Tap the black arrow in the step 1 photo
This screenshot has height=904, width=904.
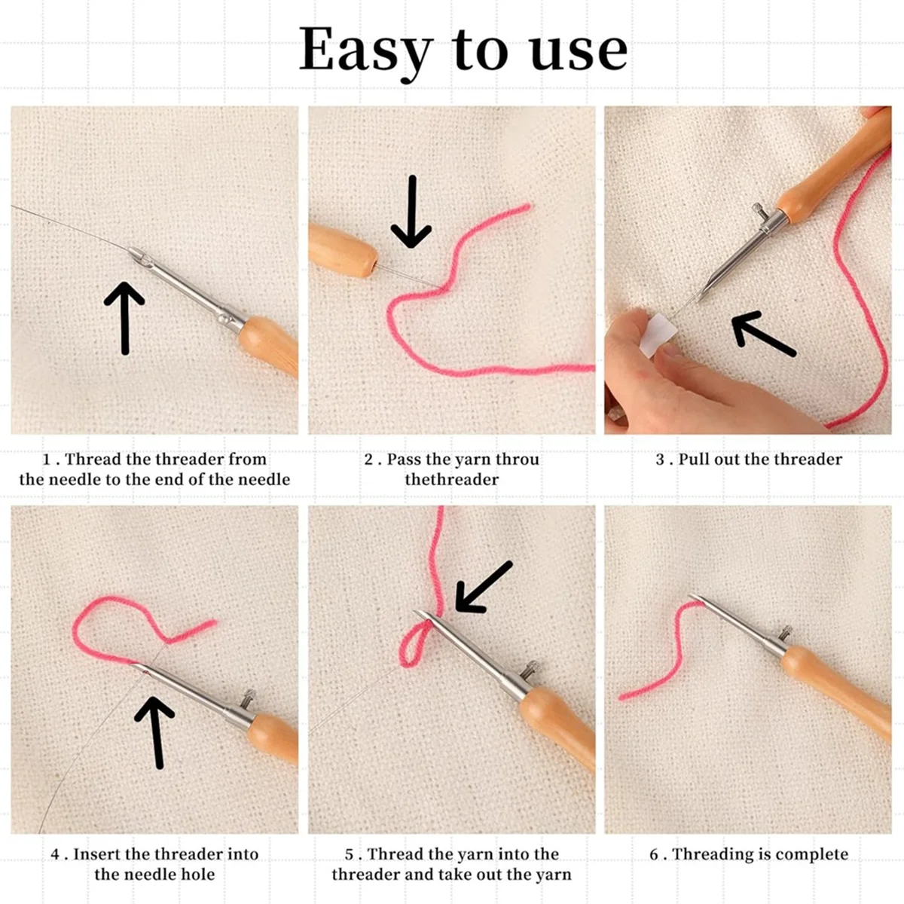coord(124,316)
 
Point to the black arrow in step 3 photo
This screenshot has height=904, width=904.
coord(762,334)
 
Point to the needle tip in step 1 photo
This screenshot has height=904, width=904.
coord(133,252)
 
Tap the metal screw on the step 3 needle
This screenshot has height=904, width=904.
coord(760,213)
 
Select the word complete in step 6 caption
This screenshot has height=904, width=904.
coord(811,854)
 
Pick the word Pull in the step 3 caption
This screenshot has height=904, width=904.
coord(694,460)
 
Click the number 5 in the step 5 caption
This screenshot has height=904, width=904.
coord(350,854)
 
